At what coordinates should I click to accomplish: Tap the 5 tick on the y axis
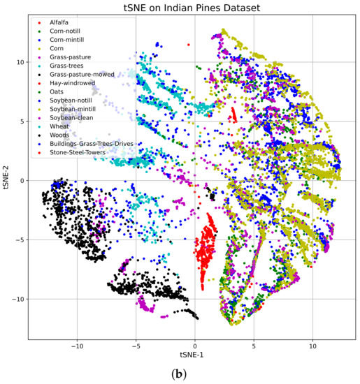click(21, 121)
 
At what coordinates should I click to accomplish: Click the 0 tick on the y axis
click(21, 180)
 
